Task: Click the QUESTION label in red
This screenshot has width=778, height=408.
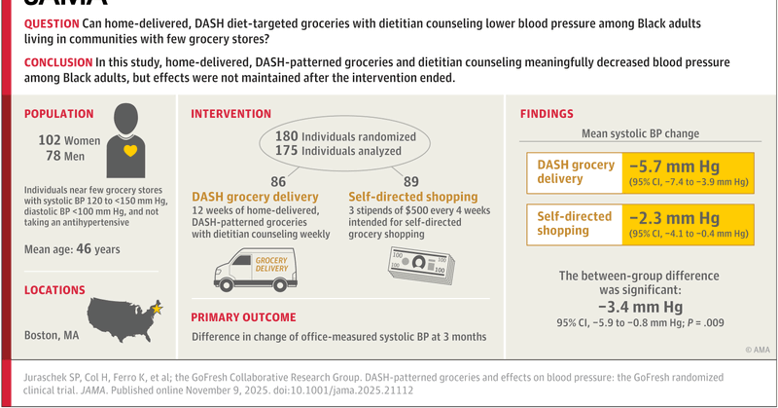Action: (53, 23)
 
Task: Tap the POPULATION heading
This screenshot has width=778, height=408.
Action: (59, 114)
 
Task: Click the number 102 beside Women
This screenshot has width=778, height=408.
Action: (50, 139)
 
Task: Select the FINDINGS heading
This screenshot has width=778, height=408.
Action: (548, 114)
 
